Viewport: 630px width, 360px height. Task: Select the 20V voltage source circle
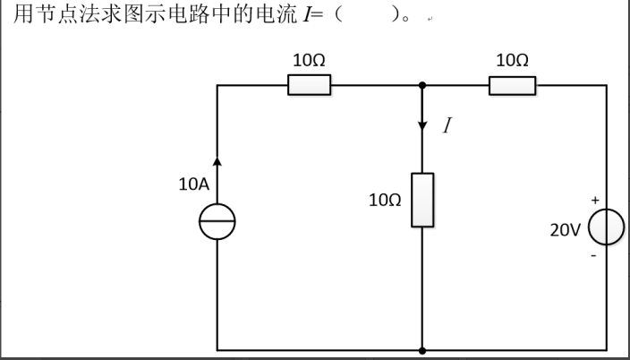pyautogui.click(x=589, y=227)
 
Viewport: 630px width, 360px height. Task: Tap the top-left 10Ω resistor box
pyautogui.click(x=310, y=85)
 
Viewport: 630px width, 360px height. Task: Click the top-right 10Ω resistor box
pyautogui.click(x=512, y=86)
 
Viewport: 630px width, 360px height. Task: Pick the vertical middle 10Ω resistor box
pyautogui.click(x=422, y=200)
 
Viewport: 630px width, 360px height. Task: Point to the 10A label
pyautogui.click(x=194, y=184)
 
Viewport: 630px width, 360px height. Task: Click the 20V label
pyautogui.click(x=566, y=230)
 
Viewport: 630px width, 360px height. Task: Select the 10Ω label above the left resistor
pyautogui.click(x=309, y=60)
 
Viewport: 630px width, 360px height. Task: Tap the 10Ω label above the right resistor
pyautogui.click(x=512, y=60)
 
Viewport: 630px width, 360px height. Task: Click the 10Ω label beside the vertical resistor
pyautogui.click(x=385, y=200)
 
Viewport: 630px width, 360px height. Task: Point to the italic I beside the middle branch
pyautogui.click(x=447, y=125)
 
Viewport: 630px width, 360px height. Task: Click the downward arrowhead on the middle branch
pyautogui.click(x=422, y=125)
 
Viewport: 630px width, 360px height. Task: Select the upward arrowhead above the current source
pyautogui.click(x=217, y=162)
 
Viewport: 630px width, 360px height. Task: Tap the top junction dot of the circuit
pyautogui.click(x=422, y=85)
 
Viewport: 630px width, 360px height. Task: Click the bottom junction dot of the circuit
pyautogui.click(x=422, y=351)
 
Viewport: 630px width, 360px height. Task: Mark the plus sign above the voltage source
pyautogui.click(x=595, y=200)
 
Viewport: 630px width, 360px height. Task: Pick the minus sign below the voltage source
pyautogui.click(x=593, y=255)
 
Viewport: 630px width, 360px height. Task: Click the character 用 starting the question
pyautogui.click(x=23, y=14)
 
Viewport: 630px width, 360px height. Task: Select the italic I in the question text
pyautogui.click(x=307, y=15)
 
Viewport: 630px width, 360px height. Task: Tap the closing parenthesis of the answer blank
pyautogui.click(x=396, y=15)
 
